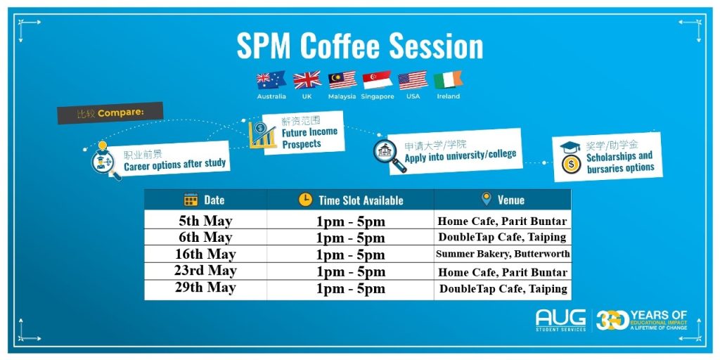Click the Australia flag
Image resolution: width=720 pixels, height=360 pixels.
[271, 80]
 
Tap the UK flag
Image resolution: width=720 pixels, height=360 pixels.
[307, 80]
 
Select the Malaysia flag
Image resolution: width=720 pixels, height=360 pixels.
[342, 80]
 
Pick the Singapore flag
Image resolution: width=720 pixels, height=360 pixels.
[378, 80]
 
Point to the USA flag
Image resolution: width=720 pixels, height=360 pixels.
[413, 80]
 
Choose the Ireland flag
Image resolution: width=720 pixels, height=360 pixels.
[448, 80]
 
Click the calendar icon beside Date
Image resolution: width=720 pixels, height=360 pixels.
[191, 200]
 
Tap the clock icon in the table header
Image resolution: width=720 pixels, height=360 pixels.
[305, 200]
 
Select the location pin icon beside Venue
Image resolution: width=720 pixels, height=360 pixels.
[487, 199]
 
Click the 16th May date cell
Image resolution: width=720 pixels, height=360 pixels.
[205, 254]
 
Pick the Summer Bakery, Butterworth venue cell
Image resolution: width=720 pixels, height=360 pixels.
[503, 254]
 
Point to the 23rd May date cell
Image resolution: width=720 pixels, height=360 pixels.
[205, 271]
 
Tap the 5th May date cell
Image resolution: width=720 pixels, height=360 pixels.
[205, 220]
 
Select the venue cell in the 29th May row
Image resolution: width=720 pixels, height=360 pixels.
[503, 289]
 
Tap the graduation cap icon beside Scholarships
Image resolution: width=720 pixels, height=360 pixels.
[570, 148]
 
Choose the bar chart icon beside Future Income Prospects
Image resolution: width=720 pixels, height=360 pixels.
[262, 134]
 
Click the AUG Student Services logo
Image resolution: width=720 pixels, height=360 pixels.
[560, 320]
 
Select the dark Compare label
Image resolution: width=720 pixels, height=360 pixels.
[110, 113]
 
